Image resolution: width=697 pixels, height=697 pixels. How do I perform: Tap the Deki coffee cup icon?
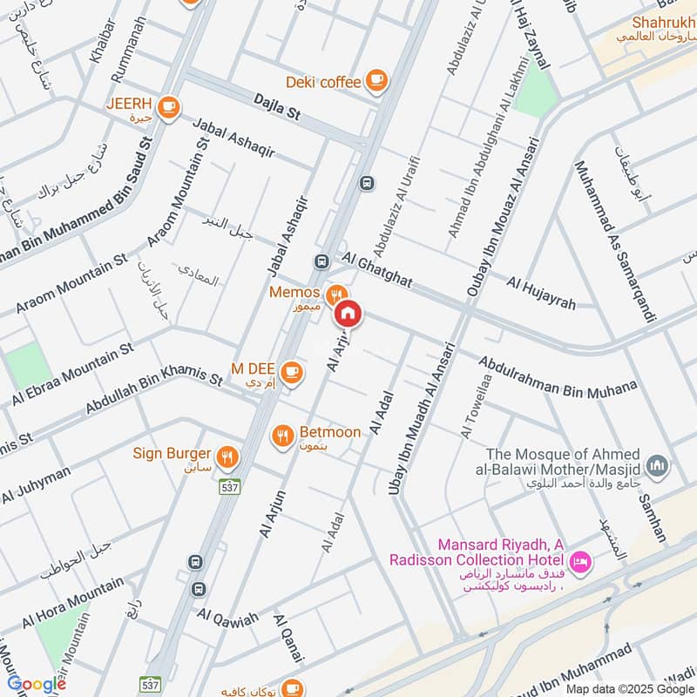pyautogui.click(x=376, y=81)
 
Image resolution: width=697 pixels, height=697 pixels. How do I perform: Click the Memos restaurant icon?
pyautogui.click(x=335, y=294)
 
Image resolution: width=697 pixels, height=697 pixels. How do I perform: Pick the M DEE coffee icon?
pyautogui.click(x=292, y=372)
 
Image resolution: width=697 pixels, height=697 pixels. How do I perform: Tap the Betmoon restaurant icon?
pyautogui.click(x=282, y=436)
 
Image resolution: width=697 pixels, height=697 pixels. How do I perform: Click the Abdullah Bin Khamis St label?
pyautogui.click(x=154, y=391)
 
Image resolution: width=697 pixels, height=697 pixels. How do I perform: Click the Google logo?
pyautogui.click(x=37, y=684)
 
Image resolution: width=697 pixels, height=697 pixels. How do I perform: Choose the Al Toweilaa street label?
pyautogui.click(x=471, y=410)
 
